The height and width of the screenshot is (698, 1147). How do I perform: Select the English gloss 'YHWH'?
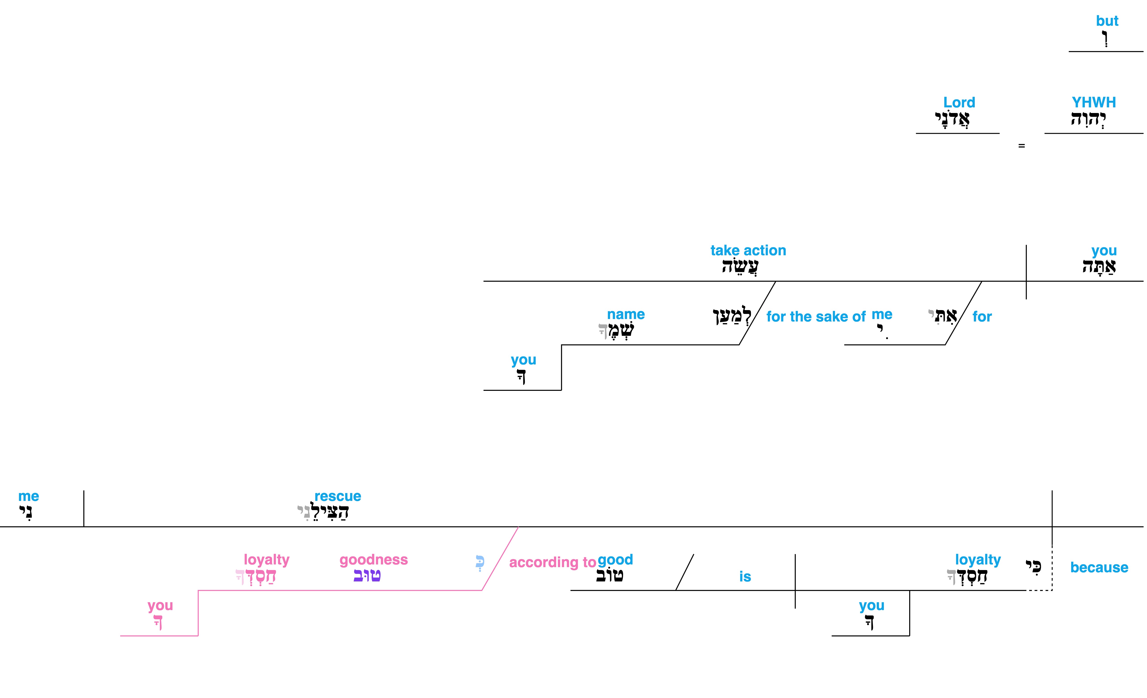tap(1094, 102)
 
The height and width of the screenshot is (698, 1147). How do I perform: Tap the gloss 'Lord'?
tap(959, 102)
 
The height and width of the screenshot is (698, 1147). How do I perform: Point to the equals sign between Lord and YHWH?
tap(1021, 146)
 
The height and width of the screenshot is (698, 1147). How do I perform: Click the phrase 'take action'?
tap(748, 251)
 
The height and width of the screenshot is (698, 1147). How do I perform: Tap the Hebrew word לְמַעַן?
tap(732, 316)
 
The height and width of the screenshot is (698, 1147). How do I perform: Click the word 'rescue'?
tap(338, 496)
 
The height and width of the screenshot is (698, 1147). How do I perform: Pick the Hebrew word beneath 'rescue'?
tap(323, 512)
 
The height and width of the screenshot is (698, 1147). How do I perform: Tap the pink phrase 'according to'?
tap(553, 562)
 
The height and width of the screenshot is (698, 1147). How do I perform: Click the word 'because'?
tap(1099, 568)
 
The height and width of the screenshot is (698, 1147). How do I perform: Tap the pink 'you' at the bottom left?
tap(160, 606)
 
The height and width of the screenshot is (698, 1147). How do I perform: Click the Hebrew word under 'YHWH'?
tap(1088, 119)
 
